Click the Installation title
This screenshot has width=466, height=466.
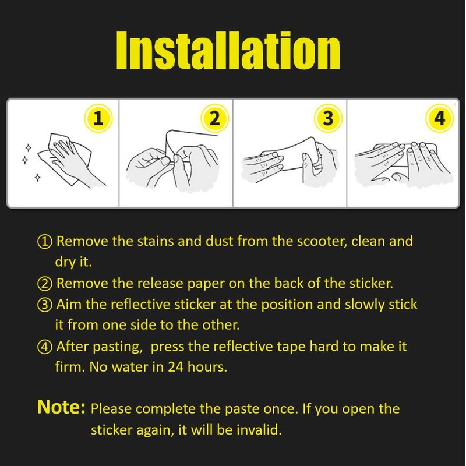click(x=228, y=50)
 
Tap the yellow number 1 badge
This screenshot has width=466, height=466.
click(x=98, y=118)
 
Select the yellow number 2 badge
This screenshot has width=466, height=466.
click(x=214, y=118)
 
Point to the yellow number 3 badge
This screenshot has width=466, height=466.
click(x=328, y=118)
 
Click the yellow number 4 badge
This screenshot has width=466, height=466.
click(x=440, y=118)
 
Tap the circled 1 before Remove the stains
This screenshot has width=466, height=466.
click(x=45, y=241)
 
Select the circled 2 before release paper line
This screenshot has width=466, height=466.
click(x=45, y=284)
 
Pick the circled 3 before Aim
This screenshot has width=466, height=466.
click(x=45, y=305)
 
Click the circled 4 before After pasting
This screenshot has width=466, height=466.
click(x=45, y=347)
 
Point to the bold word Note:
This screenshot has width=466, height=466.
click(x=61, y=407)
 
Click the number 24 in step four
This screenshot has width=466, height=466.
click(x=175, y=367)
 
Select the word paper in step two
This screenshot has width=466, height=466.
click(x=206, y=284)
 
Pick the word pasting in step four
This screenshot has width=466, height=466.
click(x=118, y=347)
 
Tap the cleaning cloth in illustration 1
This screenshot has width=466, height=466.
click(x=65, y=159)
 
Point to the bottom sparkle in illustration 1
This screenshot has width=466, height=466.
click(x=37, y=178)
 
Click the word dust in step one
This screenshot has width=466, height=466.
click(x=220, y=241)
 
